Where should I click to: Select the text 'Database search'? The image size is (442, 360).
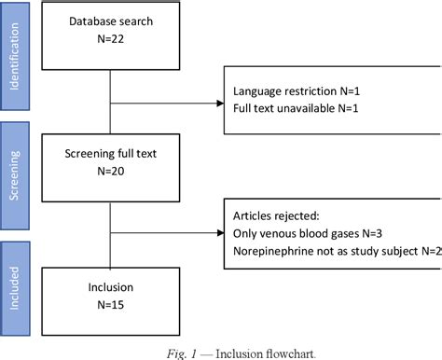[111, 21]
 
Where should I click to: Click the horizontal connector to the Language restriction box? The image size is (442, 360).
[167, 101]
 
